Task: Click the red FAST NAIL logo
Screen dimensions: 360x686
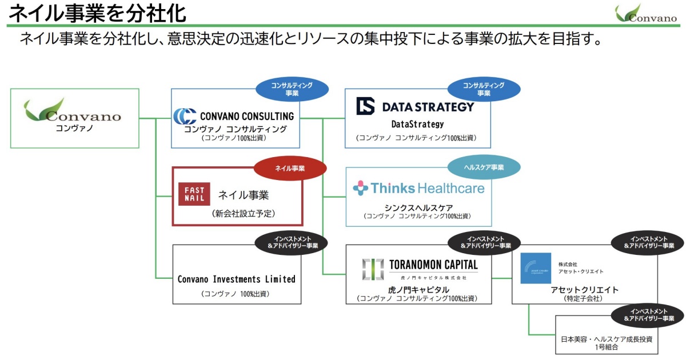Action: (x=194, y=194)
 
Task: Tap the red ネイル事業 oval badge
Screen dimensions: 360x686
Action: (x=290, y=169)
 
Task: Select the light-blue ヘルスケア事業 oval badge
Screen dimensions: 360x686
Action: (x=484, y=167)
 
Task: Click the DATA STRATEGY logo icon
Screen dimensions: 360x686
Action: (x=365, y=106)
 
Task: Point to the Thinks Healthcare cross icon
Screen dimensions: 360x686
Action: (x=360, y=188)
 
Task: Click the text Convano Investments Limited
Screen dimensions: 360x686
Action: (x=236, y=279)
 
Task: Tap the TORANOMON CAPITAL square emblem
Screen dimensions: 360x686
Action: (x=373, y=269)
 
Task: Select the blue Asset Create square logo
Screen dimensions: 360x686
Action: (x=536, y=268)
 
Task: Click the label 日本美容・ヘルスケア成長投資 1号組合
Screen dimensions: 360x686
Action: (x=608, y=343)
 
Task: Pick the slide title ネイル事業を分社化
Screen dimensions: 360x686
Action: (x=97, y=12)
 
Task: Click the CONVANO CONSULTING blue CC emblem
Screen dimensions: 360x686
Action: (x=185, y=116)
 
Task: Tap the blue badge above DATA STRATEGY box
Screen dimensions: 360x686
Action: (x=484, y=89)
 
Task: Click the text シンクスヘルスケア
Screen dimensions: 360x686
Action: (x=418, y=207)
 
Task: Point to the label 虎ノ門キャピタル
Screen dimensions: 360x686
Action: (x=418, y=290)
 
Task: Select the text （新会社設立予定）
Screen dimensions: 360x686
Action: (x=243, y=214)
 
